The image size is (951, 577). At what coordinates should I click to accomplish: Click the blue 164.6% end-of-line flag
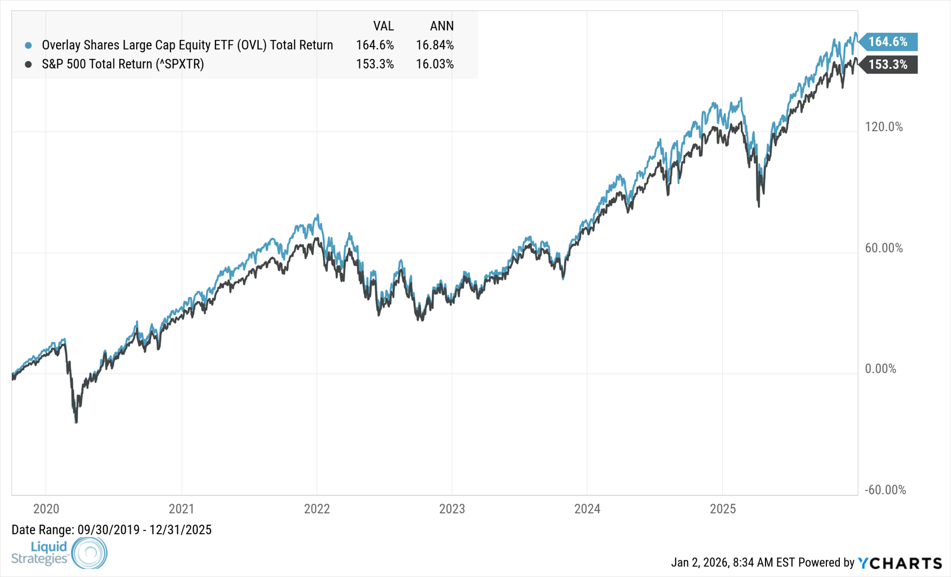click(888, 42)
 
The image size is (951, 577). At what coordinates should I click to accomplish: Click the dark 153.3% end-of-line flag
click(888, 65)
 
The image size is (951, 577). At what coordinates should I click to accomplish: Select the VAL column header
click(383, 26)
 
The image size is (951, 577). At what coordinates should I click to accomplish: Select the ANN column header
click(442, 26)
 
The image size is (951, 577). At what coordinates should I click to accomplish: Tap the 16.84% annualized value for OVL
click(435, 45)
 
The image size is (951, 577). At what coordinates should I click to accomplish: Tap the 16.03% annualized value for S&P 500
click(435, 64)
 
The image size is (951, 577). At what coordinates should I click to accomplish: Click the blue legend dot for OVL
click(28, 45)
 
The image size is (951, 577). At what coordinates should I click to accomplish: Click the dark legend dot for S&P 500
click(28, 64)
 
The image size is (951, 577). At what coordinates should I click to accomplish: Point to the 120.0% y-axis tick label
click(884, 127)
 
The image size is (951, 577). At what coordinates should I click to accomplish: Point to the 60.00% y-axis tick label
click(884, 248)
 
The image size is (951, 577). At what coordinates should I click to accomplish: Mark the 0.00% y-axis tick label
click(880, 369)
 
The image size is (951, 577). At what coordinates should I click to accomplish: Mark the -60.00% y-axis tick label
click(885, 490)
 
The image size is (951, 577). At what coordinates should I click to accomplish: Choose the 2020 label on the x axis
click(46, 509)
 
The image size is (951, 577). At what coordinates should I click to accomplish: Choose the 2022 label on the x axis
click(317, 509)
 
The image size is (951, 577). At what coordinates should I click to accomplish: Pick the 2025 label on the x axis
click(723, 509)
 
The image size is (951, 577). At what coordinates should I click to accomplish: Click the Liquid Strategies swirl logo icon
click(89, 552)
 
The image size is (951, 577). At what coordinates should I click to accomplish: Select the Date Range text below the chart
click(111, 530)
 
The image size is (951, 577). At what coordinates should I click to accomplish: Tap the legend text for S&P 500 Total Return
click(123, 64)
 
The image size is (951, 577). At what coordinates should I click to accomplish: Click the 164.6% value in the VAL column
click(375, 45)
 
